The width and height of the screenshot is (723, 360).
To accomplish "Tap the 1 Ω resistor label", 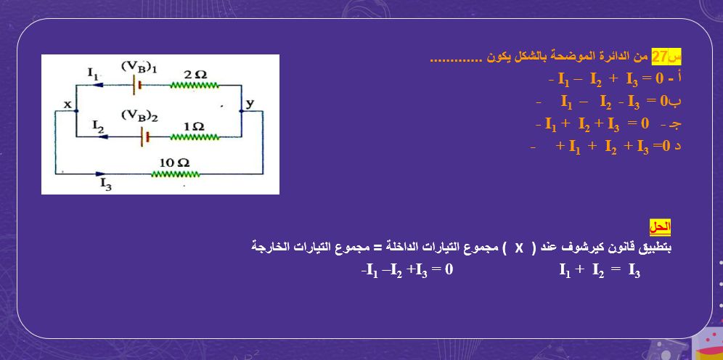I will click(194, 126).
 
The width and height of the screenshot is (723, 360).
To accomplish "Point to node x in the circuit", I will click(67, 105).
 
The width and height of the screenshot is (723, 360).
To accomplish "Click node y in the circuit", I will click(250, 103).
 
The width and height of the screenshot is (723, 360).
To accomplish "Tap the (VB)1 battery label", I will click(139, 67).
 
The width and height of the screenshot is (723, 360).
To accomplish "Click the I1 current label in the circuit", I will click(92, 72).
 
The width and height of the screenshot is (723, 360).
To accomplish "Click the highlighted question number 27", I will click(659, 56).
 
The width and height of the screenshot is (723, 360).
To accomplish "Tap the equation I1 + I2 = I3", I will click(599, 271).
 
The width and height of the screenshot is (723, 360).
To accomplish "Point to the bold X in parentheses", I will click(519, 247).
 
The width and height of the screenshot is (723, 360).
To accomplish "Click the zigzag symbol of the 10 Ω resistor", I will click(175, 174).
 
